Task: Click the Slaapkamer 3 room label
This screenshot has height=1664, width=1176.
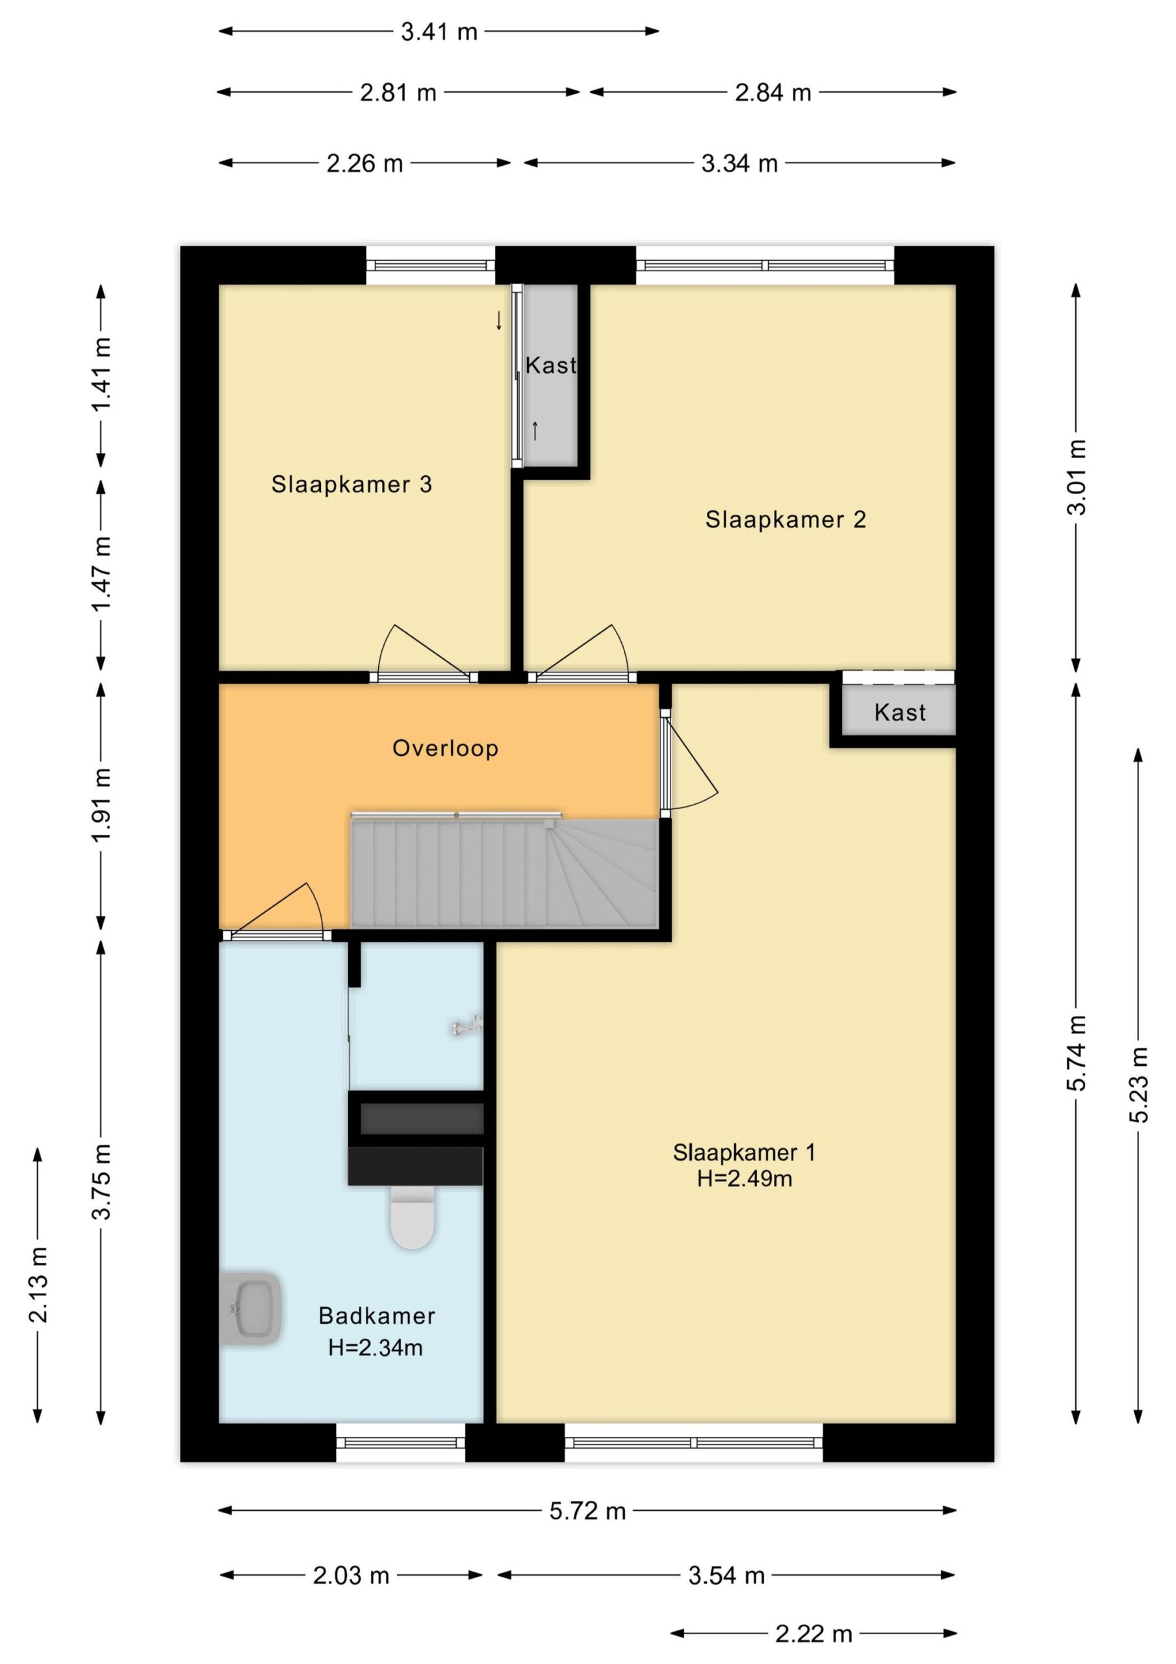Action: [352, 484]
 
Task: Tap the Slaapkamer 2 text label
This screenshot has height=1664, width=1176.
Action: [786, 519]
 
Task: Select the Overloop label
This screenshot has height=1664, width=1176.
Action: [445, 748]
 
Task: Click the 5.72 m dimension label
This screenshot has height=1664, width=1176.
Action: [587, 1512]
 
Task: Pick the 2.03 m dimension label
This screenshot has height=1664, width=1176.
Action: [351, 1576]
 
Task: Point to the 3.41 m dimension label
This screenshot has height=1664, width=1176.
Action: [439, 32]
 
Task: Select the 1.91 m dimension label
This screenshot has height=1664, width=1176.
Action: [101, 805]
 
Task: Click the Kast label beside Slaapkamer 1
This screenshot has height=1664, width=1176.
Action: [900, 712]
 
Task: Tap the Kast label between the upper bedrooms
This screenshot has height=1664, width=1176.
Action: [551, 365]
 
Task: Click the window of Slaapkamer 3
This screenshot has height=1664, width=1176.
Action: [430, 265]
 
